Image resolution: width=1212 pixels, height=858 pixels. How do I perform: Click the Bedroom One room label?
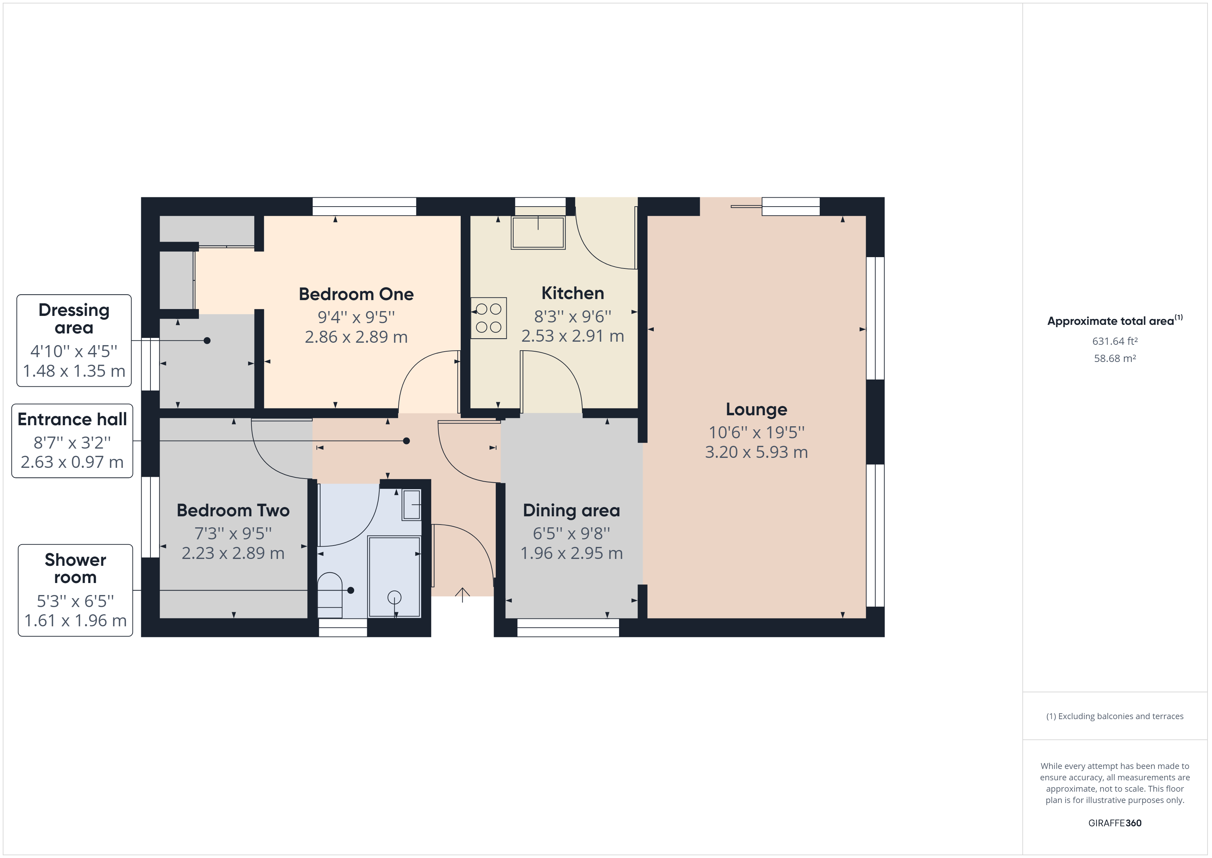click(x=356, y=294)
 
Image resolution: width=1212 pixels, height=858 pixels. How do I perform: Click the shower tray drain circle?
click(x=394, y=597)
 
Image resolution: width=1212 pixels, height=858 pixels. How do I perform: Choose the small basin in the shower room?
click(x=412, y=505)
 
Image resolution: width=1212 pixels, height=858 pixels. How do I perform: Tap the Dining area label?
click(x=571, y=510)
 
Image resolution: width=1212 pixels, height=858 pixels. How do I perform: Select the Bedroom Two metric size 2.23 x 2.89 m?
click(x=233, y=553)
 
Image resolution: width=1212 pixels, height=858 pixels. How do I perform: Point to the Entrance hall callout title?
click(x=72, y=419)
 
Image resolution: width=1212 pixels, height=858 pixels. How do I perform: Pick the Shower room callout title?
click(x=76, y=568)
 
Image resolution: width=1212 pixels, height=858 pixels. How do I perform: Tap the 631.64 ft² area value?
click(x=1114, y=341)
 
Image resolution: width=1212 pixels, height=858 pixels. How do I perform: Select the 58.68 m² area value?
click(x=1114, y=358)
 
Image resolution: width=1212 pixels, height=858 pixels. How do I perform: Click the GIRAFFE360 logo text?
click(x=1114, y=823)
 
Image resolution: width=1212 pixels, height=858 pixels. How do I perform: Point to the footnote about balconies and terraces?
click(x=1114, y=716)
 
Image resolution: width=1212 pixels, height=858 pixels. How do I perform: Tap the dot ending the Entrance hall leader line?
click(x=406, y=441)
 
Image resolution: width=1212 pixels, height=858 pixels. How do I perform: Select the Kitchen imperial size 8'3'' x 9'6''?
click(x=572, y=317)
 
